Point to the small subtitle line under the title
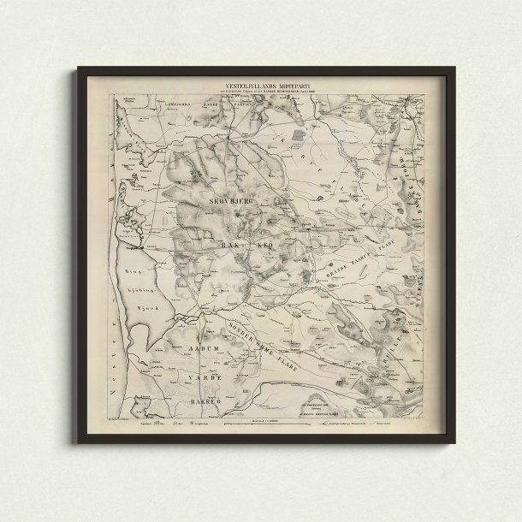pos(260,94)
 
